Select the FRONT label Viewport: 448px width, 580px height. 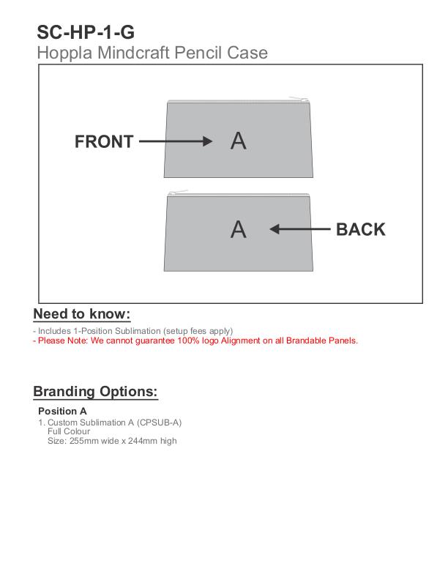pos(104,142)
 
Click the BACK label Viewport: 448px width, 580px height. pos(360,229)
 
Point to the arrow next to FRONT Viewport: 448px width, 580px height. pos(175,141)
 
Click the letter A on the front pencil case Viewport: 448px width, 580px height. pos(239,141)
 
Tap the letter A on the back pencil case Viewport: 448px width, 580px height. pos(239,229)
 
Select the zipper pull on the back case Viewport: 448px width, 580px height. pos(176,192)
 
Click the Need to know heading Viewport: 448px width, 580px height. pos(81,314)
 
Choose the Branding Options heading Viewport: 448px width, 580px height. pos(95,391)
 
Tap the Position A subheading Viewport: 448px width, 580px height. pos(62,411)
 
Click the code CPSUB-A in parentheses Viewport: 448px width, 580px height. pos(160,423)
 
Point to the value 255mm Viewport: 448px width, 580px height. pos(83,441)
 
